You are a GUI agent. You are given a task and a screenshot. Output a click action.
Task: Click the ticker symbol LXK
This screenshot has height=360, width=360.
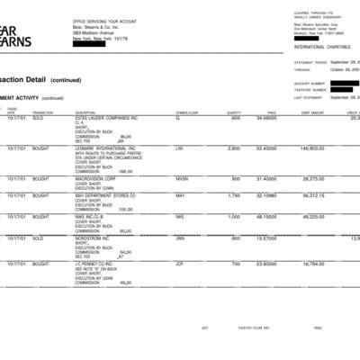click(179, 148)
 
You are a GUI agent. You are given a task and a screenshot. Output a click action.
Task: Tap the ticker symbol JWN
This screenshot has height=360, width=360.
click(179, 238)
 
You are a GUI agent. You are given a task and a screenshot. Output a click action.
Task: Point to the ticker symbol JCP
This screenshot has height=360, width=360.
click(179, 264)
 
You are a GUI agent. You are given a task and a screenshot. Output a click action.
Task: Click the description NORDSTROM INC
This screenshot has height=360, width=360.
click(94, 238)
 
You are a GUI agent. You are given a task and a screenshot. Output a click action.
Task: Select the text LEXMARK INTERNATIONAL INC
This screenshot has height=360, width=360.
click(105, 148)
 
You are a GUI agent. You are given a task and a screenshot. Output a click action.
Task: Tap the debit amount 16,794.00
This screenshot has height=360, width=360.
click(313, 264)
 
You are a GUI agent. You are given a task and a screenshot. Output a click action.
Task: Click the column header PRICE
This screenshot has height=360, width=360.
click(271, 112)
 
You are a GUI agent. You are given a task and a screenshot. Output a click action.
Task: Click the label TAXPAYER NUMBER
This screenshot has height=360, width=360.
click(310, 88)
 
